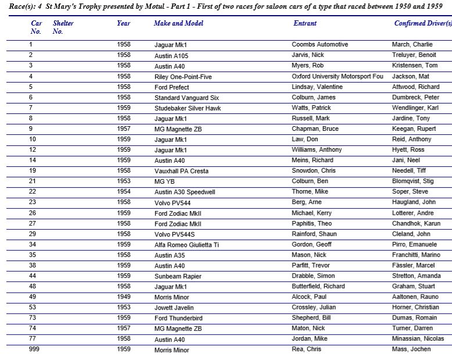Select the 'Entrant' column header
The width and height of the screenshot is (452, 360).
[x=305, y=23]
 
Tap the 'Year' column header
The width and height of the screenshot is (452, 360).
[x=123, y=23]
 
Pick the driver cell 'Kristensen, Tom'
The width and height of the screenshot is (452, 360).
[x=414, y=66]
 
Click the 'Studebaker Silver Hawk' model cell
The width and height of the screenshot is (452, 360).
[x=188, y=108]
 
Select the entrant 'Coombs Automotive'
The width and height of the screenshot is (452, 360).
[x=320, y=45]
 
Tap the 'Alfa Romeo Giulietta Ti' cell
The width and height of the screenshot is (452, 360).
[x=186, y=245]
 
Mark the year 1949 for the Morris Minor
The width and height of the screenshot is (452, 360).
[x=123, y=297]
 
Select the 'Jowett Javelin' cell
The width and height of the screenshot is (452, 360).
[x=174, y=308]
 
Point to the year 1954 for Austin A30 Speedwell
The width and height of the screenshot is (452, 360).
[x=123, y=192]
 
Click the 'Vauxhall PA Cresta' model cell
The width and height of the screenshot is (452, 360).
[x=181, y=171]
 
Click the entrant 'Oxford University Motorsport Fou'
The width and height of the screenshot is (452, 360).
[x=338, y=76]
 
